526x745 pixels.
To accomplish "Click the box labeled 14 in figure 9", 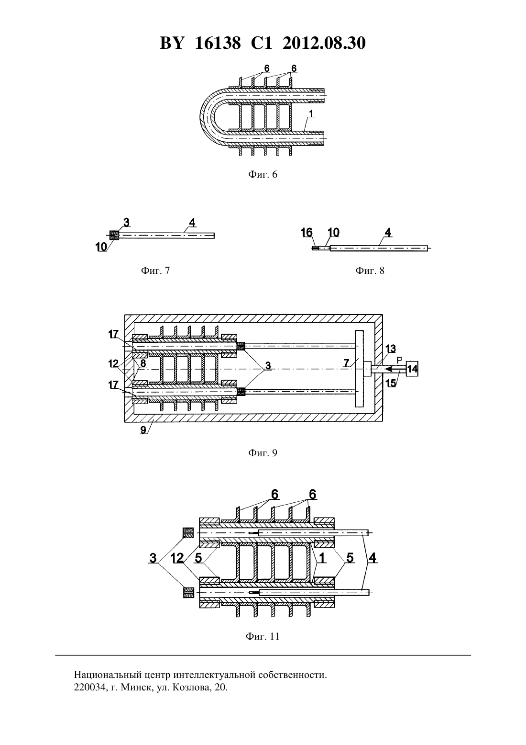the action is tap(412, 369).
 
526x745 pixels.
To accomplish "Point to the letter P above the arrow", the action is tap(400, 360).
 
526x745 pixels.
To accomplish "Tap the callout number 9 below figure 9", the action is tap(143, 430).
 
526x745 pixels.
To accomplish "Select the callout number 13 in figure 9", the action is tap(391, 349).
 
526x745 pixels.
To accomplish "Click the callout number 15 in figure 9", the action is tap(391, 383).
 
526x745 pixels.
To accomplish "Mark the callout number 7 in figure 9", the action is tap(347, 363).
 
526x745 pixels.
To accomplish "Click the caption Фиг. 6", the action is tap(263, 174).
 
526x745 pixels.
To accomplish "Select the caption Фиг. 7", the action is tap(155, 271).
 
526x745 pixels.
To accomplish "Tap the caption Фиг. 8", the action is tap(370, 271).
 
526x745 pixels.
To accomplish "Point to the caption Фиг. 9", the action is tap(263, 452).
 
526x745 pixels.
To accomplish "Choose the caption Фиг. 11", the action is tap(263, 636).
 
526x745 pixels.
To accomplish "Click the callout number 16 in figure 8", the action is tap(307, 232).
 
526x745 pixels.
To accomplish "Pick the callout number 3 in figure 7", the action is tap(126, 222).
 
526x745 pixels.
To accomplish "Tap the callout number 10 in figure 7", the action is tap(101, 247).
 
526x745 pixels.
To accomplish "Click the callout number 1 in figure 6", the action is tap(311, 114).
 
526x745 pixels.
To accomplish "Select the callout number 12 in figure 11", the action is tap(178, 558).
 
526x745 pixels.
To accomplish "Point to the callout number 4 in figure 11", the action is tap(373, 558).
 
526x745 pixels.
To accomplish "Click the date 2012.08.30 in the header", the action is tap(324, 43).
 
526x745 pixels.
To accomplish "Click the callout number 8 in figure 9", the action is tap(143, 363).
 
